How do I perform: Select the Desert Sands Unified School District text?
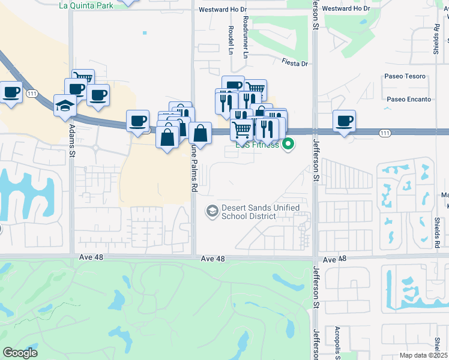tap(261, 211)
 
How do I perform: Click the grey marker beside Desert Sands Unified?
tap(212, 211)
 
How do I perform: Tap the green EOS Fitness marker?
tap(289, 144)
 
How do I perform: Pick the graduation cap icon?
tap(64, 105)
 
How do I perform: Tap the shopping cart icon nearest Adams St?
tap(83, 79)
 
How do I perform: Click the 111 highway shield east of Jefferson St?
tap(385, 133)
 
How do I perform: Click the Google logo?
tap(20, 353)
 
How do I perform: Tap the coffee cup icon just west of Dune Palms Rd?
tap(138, 121)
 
